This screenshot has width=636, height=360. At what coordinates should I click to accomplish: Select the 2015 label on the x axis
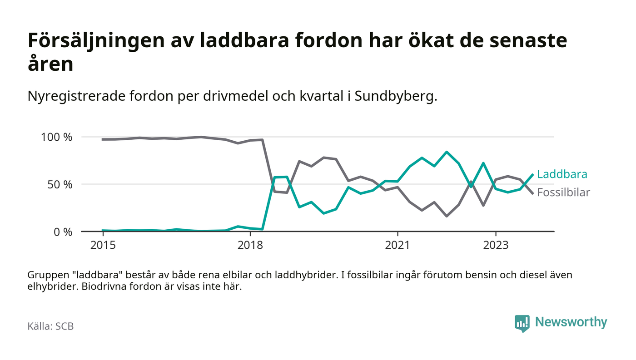[x=103, y=245]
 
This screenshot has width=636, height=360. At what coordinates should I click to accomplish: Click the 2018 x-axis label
[x=250, y=245]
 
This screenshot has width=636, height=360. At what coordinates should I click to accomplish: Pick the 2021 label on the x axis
[x=397, y=245]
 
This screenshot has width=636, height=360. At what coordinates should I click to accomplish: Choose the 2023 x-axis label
[x=496, y=245]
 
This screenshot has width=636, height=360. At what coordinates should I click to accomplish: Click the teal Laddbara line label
[x=562, y=174]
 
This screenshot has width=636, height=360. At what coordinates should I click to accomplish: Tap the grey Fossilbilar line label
[x=563, y=192]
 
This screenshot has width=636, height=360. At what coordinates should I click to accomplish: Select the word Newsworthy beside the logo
[x=571, y=322]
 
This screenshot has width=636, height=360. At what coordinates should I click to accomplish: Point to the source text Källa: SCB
[x=50, y=326]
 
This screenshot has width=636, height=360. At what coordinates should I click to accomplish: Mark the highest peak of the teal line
[x=447, y=152]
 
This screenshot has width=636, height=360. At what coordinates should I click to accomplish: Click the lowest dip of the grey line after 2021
[x=447, y=216]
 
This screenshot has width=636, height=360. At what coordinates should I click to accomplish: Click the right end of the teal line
[x=532, y=174]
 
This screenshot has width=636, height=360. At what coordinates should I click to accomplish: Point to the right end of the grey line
[x=532, y=193]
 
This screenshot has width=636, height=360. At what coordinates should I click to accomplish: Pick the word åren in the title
[x=50, y=64]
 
